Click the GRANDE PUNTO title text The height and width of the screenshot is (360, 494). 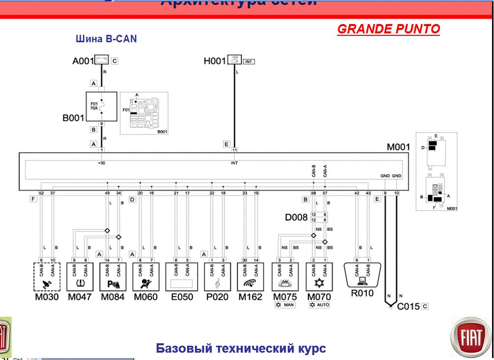click(388, 29)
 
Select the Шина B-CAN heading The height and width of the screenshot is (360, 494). click(106, 39)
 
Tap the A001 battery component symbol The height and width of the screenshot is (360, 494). click(102, 61)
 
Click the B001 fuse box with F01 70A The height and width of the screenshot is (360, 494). click(102, 107)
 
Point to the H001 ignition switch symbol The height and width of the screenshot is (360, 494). click(234, 60)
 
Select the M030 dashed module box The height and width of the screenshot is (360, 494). click(46, 277)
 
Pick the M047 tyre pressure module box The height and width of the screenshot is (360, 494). click(80, 277)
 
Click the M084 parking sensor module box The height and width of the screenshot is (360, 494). click(112, 277)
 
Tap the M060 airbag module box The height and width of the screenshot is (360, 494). click(145, 277)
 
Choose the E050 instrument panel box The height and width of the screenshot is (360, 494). click(181, 277)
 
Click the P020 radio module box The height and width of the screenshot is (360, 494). click(217, 277)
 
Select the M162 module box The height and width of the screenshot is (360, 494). click(250, 277)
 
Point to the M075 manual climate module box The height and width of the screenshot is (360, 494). click(285, 277)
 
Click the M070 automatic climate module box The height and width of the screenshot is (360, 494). click(319, 277)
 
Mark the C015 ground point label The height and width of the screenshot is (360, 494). click(408, 306)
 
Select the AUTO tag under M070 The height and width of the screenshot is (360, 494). click(320, 305)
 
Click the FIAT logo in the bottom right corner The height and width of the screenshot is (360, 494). click(470, 338)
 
